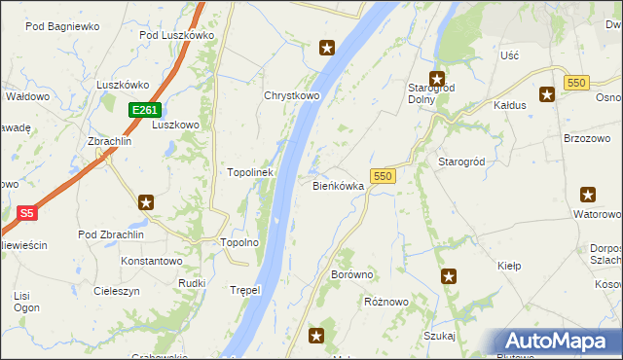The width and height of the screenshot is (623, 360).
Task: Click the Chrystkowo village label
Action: (x=292, y=96)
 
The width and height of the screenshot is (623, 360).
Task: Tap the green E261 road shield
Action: (x=144, y=110)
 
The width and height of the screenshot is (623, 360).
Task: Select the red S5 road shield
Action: (x=27, y=212)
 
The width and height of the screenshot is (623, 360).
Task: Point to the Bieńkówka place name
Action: (x=338, y=185)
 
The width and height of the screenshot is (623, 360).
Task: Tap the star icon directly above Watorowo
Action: (x=588, y=195)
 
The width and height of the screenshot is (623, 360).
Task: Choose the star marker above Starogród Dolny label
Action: (x=437, y=79)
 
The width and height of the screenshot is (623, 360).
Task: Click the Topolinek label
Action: (x=250, y=172)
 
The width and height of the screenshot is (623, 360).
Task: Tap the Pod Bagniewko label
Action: (x=62, y=26)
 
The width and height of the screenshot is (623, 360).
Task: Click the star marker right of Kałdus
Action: (x=547, y=93)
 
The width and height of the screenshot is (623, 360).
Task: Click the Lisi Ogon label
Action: (x=27, y=301)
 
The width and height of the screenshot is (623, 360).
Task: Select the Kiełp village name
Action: (x=509, y=265)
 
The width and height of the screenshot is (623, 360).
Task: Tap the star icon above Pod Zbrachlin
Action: (x=146, y=202)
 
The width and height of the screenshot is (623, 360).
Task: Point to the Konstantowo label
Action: (x=151, y=262)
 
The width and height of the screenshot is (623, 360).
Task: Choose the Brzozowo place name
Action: (x=587, y=138)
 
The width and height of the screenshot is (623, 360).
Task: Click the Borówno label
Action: (x=352, y=275)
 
